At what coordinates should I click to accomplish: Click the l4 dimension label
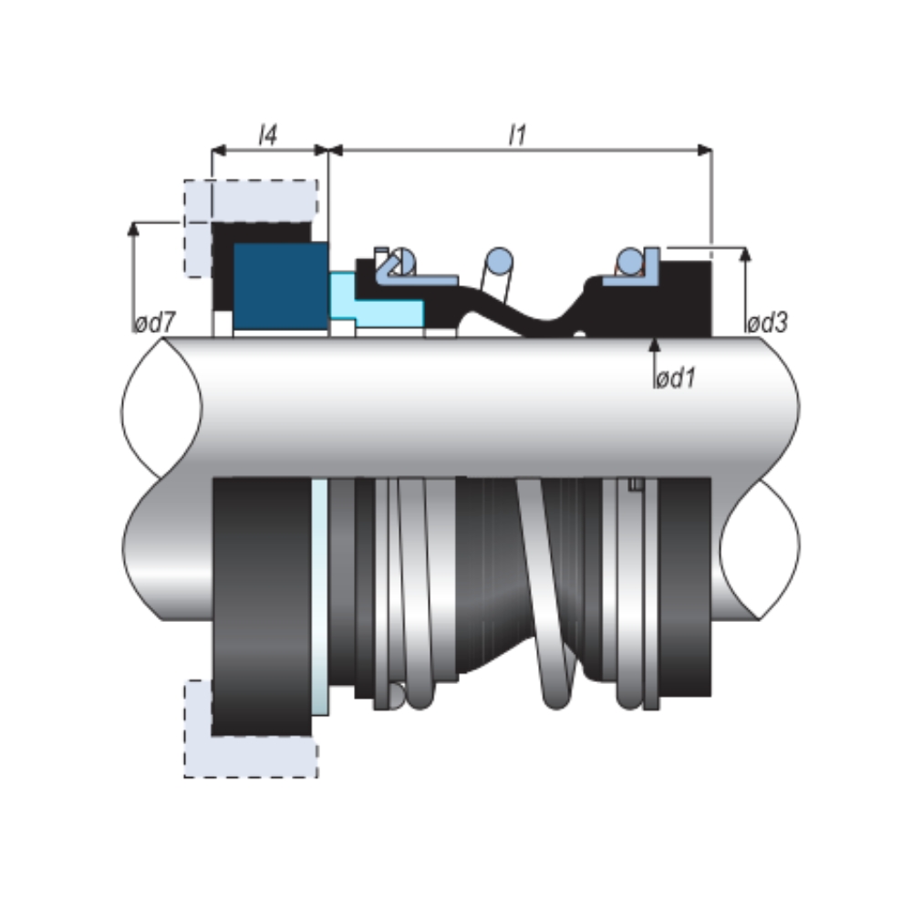click(267, 136)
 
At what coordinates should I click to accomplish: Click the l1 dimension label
click(517, 136)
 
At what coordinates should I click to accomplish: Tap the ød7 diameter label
click(154, 324)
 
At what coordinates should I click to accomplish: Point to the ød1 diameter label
click(675, 378)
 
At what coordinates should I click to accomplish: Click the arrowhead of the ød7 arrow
click(134, 227)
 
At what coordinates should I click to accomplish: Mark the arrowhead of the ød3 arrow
click(745, 254)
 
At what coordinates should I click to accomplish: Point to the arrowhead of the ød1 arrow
click(654, 344)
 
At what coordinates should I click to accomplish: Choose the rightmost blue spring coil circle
click(629, 262)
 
